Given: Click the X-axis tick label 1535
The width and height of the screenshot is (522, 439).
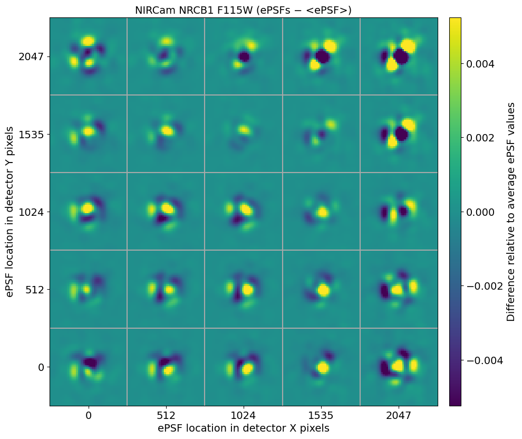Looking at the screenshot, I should [x=321, y=415].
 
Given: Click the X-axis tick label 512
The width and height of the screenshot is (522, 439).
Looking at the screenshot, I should [x=166, y=415].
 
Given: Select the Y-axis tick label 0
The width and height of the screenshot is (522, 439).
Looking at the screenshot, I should [x=41, y=367].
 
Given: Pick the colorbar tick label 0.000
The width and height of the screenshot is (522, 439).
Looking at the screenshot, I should [x=480, y=212].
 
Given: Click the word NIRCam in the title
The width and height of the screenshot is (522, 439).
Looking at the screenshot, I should [x=152, y=10].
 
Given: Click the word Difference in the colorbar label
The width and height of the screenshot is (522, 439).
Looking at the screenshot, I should [x=510, y=293].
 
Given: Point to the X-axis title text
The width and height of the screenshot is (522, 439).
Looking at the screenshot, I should [x=244, y=428].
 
